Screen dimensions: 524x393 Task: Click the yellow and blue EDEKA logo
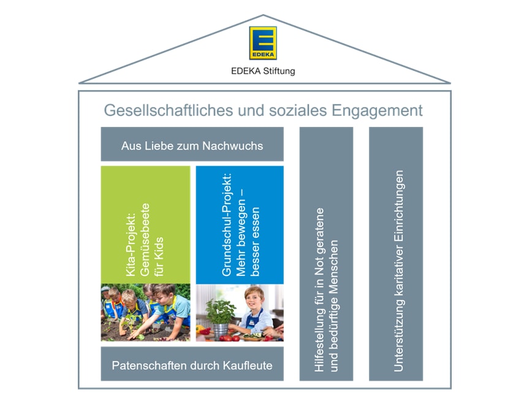tap(263, 43)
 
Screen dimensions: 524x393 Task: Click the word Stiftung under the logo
tap(279, 71)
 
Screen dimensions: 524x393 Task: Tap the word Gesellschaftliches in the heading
tap(168, 110)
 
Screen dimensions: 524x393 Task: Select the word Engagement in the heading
tap(377, 111)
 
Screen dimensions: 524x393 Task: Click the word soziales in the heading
tap(298, 110)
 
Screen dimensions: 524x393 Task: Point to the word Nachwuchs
tap(233, 146)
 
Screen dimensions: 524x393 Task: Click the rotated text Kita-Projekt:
tap(131, 244)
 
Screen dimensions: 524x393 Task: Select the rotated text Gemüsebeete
tap(145, 240)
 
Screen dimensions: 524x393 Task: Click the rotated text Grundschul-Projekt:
tap(226, 224)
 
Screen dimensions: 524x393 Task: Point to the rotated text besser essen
tap(255, 242)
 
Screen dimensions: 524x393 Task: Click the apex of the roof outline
tap(264, 15)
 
